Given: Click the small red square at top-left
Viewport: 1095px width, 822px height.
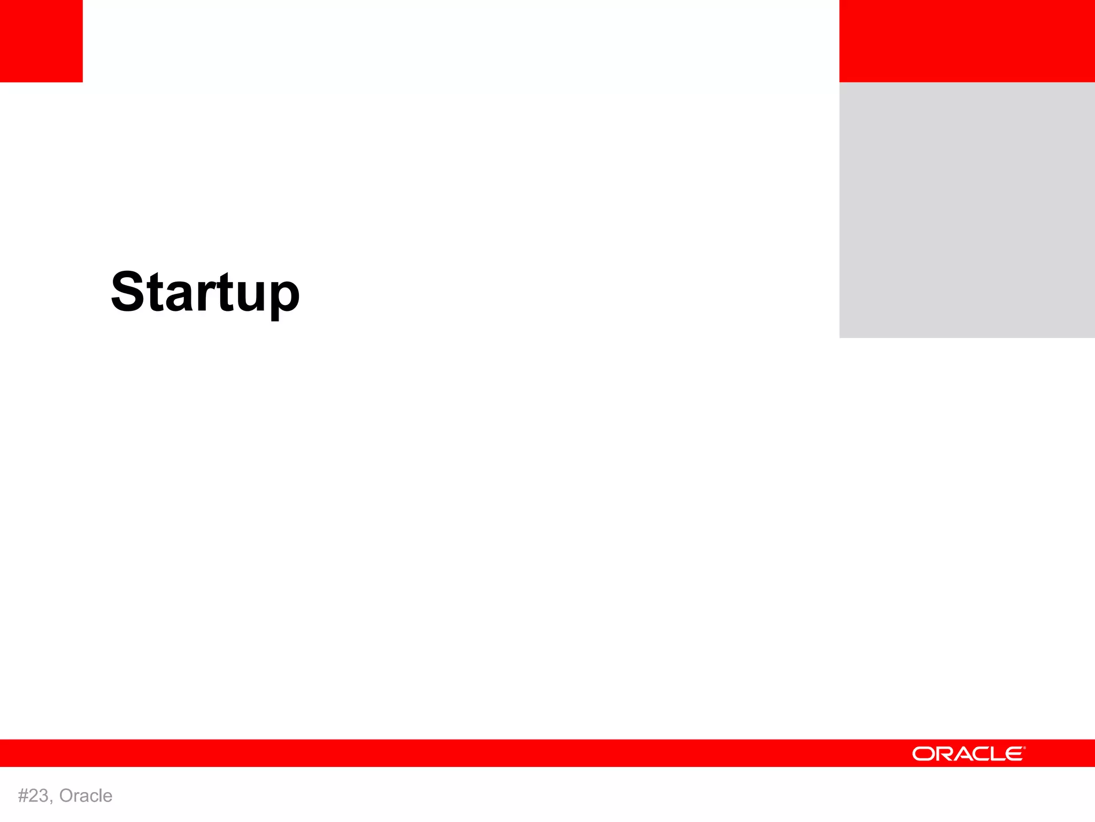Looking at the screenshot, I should pos(41,41).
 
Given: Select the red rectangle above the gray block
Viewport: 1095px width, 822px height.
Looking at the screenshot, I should pos(967,41).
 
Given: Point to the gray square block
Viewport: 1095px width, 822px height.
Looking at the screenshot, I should pos(967,210).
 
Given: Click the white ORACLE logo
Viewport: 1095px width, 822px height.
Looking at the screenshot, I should pos(968,753).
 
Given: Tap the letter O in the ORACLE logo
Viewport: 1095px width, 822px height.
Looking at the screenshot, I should pos(922,754).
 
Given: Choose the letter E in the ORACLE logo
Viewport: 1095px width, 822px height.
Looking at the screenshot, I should pos(1013,754).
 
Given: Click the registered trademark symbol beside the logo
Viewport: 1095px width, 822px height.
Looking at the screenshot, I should pos(1024,748).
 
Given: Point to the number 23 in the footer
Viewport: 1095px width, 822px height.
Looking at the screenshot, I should pos(39,796).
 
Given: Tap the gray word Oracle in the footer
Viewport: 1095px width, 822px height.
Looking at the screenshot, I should pos(86,796).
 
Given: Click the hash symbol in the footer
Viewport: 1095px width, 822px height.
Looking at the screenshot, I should pos(23,796).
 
